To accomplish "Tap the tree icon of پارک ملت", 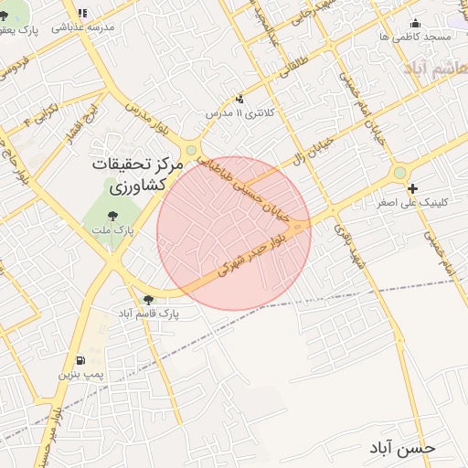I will pos(112,216).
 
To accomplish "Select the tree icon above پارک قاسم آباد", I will pos(148,299).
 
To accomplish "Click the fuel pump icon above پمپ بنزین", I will pos(82,360).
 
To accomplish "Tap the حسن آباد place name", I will pos(403,448).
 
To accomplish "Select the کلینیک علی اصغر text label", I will pos(412,202).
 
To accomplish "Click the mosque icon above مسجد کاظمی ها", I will pos(417,23).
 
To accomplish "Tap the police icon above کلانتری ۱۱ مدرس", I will pos(239,99).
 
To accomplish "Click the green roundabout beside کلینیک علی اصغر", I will pos(399,173).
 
